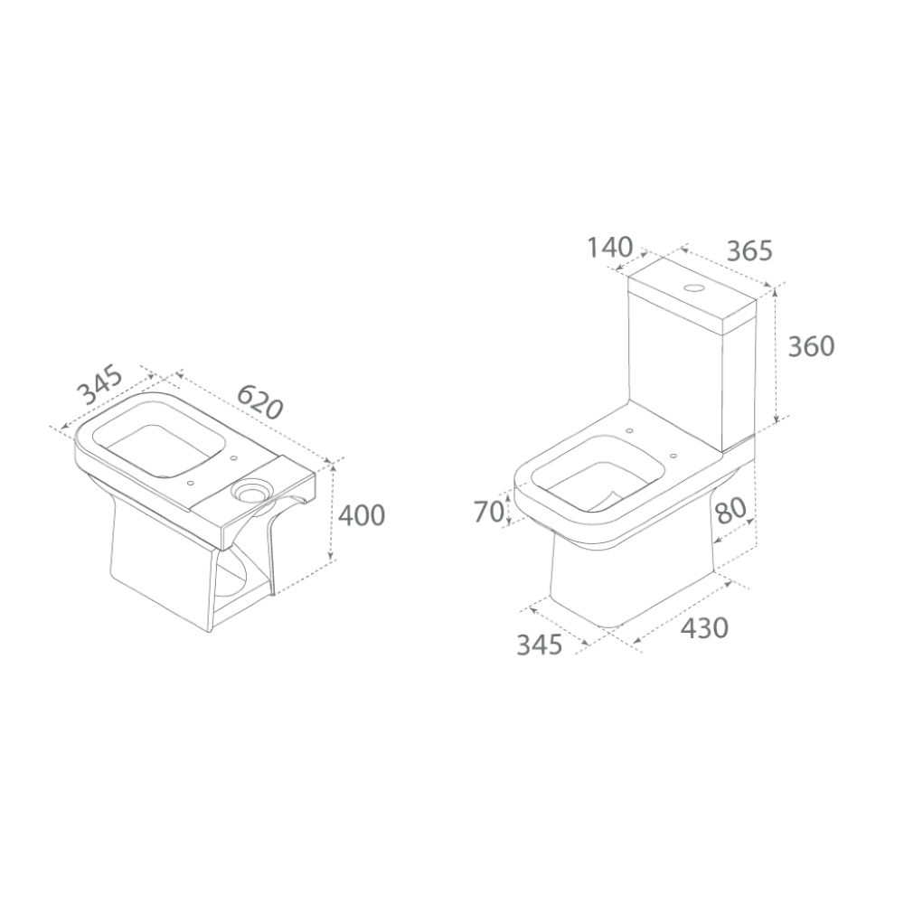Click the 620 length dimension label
pos(260,400)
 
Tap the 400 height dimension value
pos(361,515)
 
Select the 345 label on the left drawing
pos(100,384)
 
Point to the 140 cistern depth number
pos(610,248)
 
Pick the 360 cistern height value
pos(811,346)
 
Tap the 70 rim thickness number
pos(490,512)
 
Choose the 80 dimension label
pos(730,510)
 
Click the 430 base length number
pos(704,627)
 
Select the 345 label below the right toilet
pos(539,645)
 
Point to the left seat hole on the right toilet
pos(628,430)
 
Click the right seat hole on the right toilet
pos(673,455)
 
